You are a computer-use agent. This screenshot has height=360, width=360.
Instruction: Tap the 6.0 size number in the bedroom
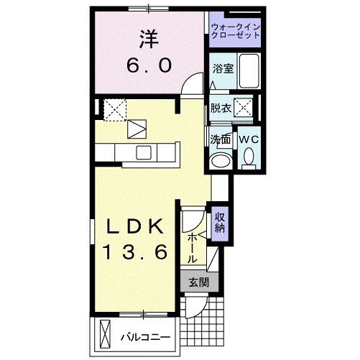coord(149,65)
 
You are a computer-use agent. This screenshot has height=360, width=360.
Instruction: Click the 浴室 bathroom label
coord(222,68)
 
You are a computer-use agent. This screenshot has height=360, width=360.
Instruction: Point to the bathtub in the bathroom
coord(249,72)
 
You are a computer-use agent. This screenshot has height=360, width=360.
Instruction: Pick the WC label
coord(249,138)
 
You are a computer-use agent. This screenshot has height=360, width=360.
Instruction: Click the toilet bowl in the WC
coord(249,156)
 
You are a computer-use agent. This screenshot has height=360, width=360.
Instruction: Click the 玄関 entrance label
coord(199,283)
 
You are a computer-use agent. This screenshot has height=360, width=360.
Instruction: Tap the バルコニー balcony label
coord(144,336)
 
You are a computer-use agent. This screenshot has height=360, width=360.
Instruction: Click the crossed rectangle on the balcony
coord(106,335)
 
